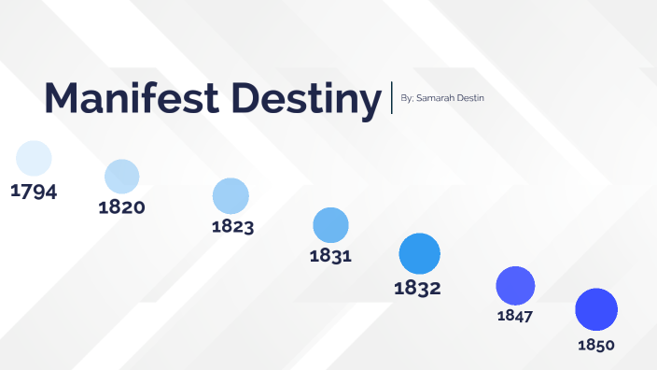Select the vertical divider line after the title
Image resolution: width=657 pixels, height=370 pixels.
(392, 97)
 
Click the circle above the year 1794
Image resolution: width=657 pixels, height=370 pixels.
(35, 158)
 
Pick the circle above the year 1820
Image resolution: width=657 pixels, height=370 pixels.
(122, 177)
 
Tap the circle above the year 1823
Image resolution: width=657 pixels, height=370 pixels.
(231, 196)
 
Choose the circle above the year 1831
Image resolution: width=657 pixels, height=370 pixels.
(330, 225)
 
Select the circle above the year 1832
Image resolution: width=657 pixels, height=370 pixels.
(419, 254)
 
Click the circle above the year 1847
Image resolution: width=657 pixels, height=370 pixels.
(515, 285)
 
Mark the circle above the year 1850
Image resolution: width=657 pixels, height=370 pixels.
(596, 310)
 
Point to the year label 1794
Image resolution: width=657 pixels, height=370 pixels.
(34, 192)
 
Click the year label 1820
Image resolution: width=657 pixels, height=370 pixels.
(121, 206)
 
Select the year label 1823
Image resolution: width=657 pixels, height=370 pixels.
(232, 226)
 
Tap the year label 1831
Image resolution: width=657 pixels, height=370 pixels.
(330, 255)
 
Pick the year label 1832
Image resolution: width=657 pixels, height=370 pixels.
(417, 288)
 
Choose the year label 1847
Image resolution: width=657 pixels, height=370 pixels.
(515, 316)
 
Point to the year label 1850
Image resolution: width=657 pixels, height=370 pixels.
(596, 345)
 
